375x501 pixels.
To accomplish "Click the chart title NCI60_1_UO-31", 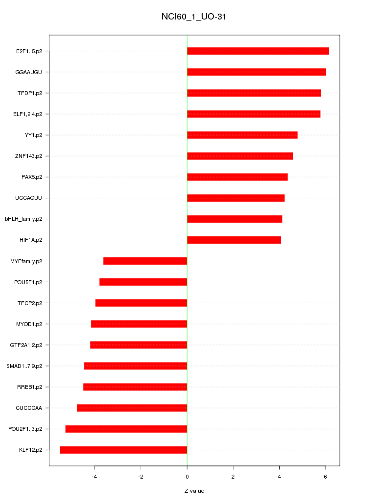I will (x=194, y=17).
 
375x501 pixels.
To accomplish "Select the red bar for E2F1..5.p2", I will (x=258, y=51).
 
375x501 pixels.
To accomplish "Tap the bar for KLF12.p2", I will (x=124, y=450).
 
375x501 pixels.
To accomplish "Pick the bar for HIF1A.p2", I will (x=234, y=240).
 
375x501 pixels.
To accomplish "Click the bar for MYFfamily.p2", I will (x=145, y=261).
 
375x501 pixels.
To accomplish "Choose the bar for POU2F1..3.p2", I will (x=126, y=429).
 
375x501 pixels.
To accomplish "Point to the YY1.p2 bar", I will (x=242, y=135).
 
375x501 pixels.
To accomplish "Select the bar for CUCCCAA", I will (x=132, y=408).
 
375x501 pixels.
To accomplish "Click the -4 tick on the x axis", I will (x=95, y=476).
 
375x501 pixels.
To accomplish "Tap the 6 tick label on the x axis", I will (x=326, y=476).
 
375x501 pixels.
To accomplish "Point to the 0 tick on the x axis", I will (x=187, y=476).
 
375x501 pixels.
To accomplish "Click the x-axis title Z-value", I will (x=194, y=491).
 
